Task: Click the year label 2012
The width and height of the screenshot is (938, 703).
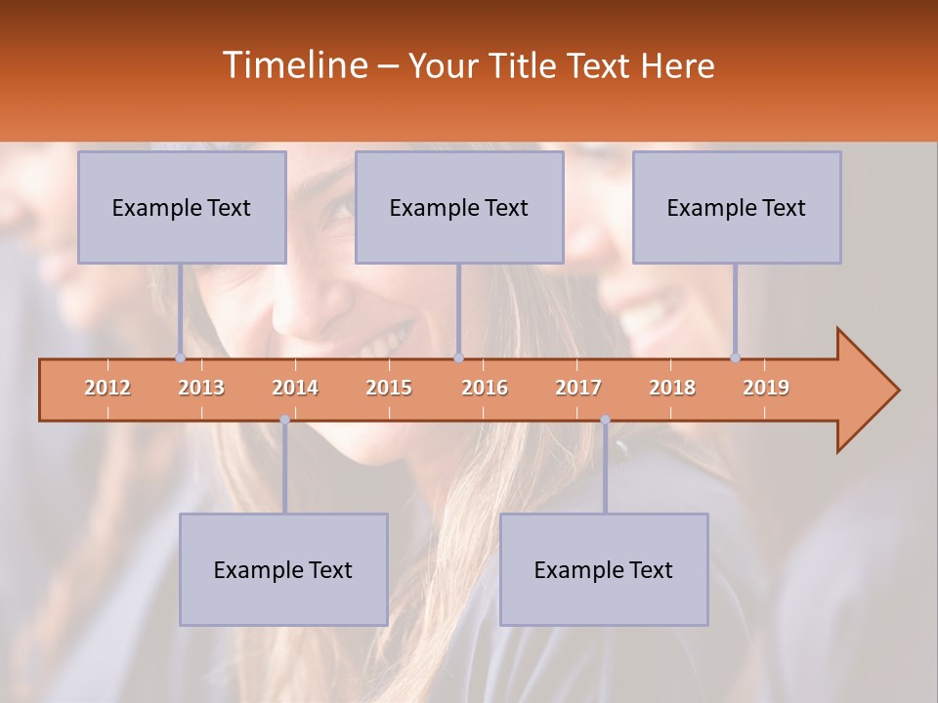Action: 107,388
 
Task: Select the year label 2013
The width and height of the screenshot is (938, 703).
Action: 201,388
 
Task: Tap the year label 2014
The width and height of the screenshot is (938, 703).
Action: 295,388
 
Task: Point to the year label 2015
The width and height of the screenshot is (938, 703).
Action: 389,388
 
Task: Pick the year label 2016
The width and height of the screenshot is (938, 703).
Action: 485,388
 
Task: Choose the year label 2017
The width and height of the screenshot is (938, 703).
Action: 578,388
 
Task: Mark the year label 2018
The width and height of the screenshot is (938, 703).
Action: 672,388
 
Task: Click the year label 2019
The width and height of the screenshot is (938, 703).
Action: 766,388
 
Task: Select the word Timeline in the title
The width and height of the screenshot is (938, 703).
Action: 293,65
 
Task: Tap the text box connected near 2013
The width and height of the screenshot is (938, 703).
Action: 182,207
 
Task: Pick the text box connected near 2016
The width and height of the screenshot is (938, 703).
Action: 459,207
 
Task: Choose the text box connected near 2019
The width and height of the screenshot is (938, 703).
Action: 737,207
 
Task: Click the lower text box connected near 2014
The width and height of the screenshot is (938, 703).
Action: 283,569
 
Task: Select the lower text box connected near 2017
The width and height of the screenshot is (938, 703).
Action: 604,569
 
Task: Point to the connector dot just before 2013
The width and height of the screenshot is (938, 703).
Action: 180,357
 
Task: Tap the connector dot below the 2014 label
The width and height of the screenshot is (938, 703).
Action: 284,420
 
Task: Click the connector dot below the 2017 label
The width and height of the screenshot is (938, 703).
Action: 605,420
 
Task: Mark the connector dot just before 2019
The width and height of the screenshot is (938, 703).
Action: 735,357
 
